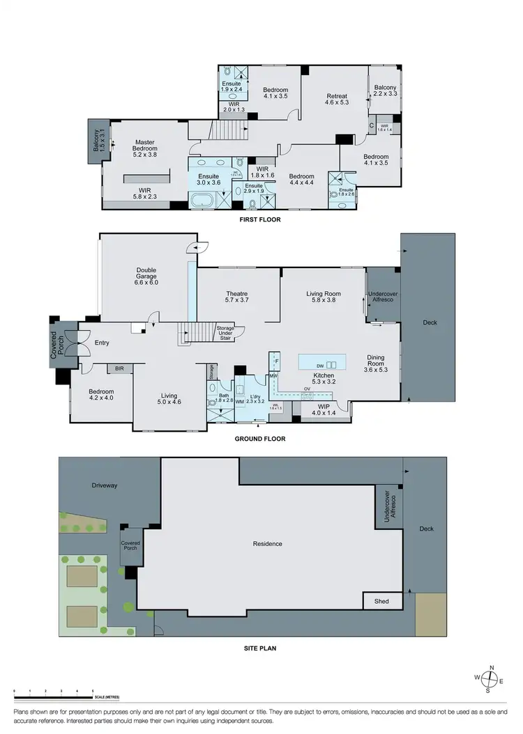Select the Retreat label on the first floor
pos(336,98)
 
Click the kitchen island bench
pos(321,362)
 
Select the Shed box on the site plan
pos(382,601)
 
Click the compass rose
pos(491,678)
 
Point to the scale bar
pos(54,696)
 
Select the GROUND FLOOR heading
pos(260,439)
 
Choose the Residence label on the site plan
pos(267,544)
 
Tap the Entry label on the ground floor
pos(102,343)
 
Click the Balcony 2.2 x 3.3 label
pos(384,91)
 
